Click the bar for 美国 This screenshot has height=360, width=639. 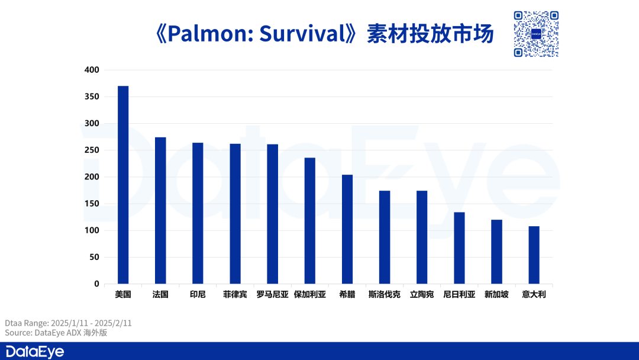(x=123, y=185)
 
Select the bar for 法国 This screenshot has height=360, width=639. (x=160, y=210)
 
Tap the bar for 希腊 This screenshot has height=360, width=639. (x=347, y=229)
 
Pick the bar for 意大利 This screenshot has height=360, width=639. (x=534, y=255)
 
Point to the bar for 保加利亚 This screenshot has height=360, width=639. (x=309, y=221)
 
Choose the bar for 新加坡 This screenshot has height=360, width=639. (x=496, y=252)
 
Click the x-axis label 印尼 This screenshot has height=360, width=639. (x=198, y=294)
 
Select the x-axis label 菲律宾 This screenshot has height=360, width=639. (x=235, y=294)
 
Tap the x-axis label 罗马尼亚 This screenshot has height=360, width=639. (x=273, y=294)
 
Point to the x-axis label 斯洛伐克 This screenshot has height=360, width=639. (x=385, y=294)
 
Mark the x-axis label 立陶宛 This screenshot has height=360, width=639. (x=422, y=294)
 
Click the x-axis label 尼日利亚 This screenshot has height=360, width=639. (x=459, y=294)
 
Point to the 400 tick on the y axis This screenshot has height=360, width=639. (x=92, y=70)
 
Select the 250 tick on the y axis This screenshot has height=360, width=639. (x=92, y=150)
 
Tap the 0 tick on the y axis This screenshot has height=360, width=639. (x=96, y=284)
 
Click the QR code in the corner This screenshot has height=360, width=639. (x=536, y=34)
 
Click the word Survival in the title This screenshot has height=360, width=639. (x=303, y=33)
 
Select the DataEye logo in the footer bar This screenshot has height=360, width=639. (x=35, y=352)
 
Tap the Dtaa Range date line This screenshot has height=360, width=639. (x=68, y=323)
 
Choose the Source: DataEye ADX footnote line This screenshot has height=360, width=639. (x=56, y=333)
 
